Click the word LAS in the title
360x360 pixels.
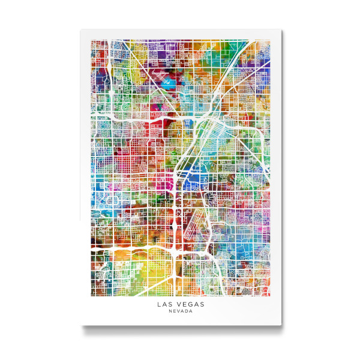tap(164, 305)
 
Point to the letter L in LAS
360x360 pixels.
tap(159, 305)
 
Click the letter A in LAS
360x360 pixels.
tap(164, 305)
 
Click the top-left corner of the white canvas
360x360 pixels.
tap(81, 30)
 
